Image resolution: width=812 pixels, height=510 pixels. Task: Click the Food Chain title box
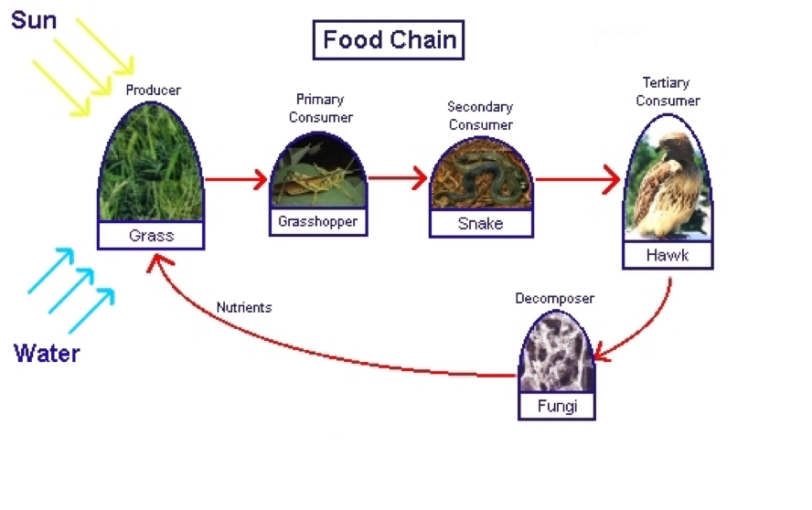click(389, 40)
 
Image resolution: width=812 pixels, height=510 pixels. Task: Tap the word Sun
click(34, 18)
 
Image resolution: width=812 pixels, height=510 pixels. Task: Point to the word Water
click(47, 353)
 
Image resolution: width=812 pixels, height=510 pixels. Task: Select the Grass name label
click(151, 236)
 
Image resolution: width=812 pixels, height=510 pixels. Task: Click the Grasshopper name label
click(318, 221)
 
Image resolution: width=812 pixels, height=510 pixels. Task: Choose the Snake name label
click(480, 223)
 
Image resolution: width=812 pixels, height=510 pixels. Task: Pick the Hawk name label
click(667, 255)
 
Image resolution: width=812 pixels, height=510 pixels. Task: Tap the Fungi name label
click(556, 406)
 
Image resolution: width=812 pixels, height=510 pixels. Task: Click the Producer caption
click(153, 90)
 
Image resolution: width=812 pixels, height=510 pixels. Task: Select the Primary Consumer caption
click(320, 108)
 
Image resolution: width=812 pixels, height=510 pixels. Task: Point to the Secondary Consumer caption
click(480, 116)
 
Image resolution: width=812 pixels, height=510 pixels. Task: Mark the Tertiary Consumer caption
click(668, 91)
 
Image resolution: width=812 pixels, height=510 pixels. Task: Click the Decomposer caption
click(554, 298)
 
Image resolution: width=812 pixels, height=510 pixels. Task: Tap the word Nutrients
click(244, 307)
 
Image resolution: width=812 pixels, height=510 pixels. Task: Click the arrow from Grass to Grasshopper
click(236, 179)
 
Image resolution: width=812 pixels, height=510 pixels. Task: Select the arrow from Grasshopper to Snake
click(398, 178)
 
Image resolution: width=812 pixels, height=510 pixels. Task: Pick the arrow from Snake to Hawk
click(577, 180)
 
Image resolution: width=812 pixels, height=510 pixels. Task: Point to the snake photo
click(480, 179)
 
